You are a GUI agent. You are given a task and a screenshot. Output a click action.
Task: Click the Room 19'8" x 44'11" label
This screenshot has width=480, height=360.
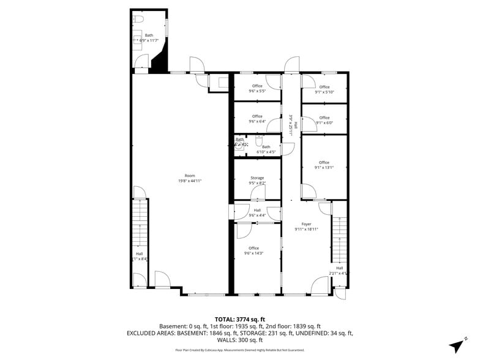[190, 178]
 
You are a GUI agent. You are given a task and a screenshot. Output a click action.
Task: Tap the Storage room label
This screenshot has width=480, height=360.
[257, 180]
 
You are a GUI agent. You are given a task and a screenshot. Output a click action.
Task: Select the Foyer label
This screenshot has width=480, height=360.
[306, 227]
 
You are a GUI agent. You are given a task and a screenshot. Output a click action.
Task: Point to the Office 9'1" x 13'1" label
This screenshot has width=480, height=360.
[324, 165]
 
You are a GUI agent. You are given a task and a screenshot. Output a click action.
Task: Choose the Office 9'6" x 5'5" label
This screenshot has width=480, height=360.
[257, 88]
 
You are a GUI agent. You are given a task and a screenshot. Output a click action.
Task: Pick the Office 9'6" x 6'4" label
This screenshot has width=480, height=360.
[257, 119]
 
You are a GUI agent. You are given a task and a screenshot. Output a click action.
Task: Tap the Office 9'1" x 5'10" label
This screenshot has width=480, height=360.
[324, 89]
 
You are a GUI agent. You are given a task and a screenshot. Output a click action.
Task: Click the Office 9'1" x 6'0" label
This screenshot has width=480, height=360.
[324, 120]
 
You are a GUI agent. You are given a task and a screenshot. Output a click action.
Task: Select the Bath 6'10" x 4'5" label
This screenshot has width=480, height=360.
[266, 149]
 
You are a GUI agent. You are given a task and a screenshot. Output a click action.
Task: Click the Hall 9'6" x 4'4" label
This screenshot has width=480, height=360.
[257, 212]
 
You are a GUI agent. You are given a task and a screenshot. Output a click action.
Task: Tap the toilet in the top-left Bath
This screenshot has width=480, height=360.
[138, 20]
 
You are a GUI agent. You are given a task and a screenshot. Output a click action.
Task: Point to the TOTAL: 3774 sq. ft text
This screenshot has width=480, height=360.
[239, 319]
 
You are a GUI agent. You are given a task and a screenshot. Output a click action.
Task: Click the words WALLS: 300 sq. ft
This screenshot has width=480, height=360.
[239, 340]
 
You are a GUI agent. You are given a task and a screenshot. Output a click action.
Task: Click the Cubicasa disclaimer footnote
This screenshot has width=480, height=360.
[239, 350]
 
